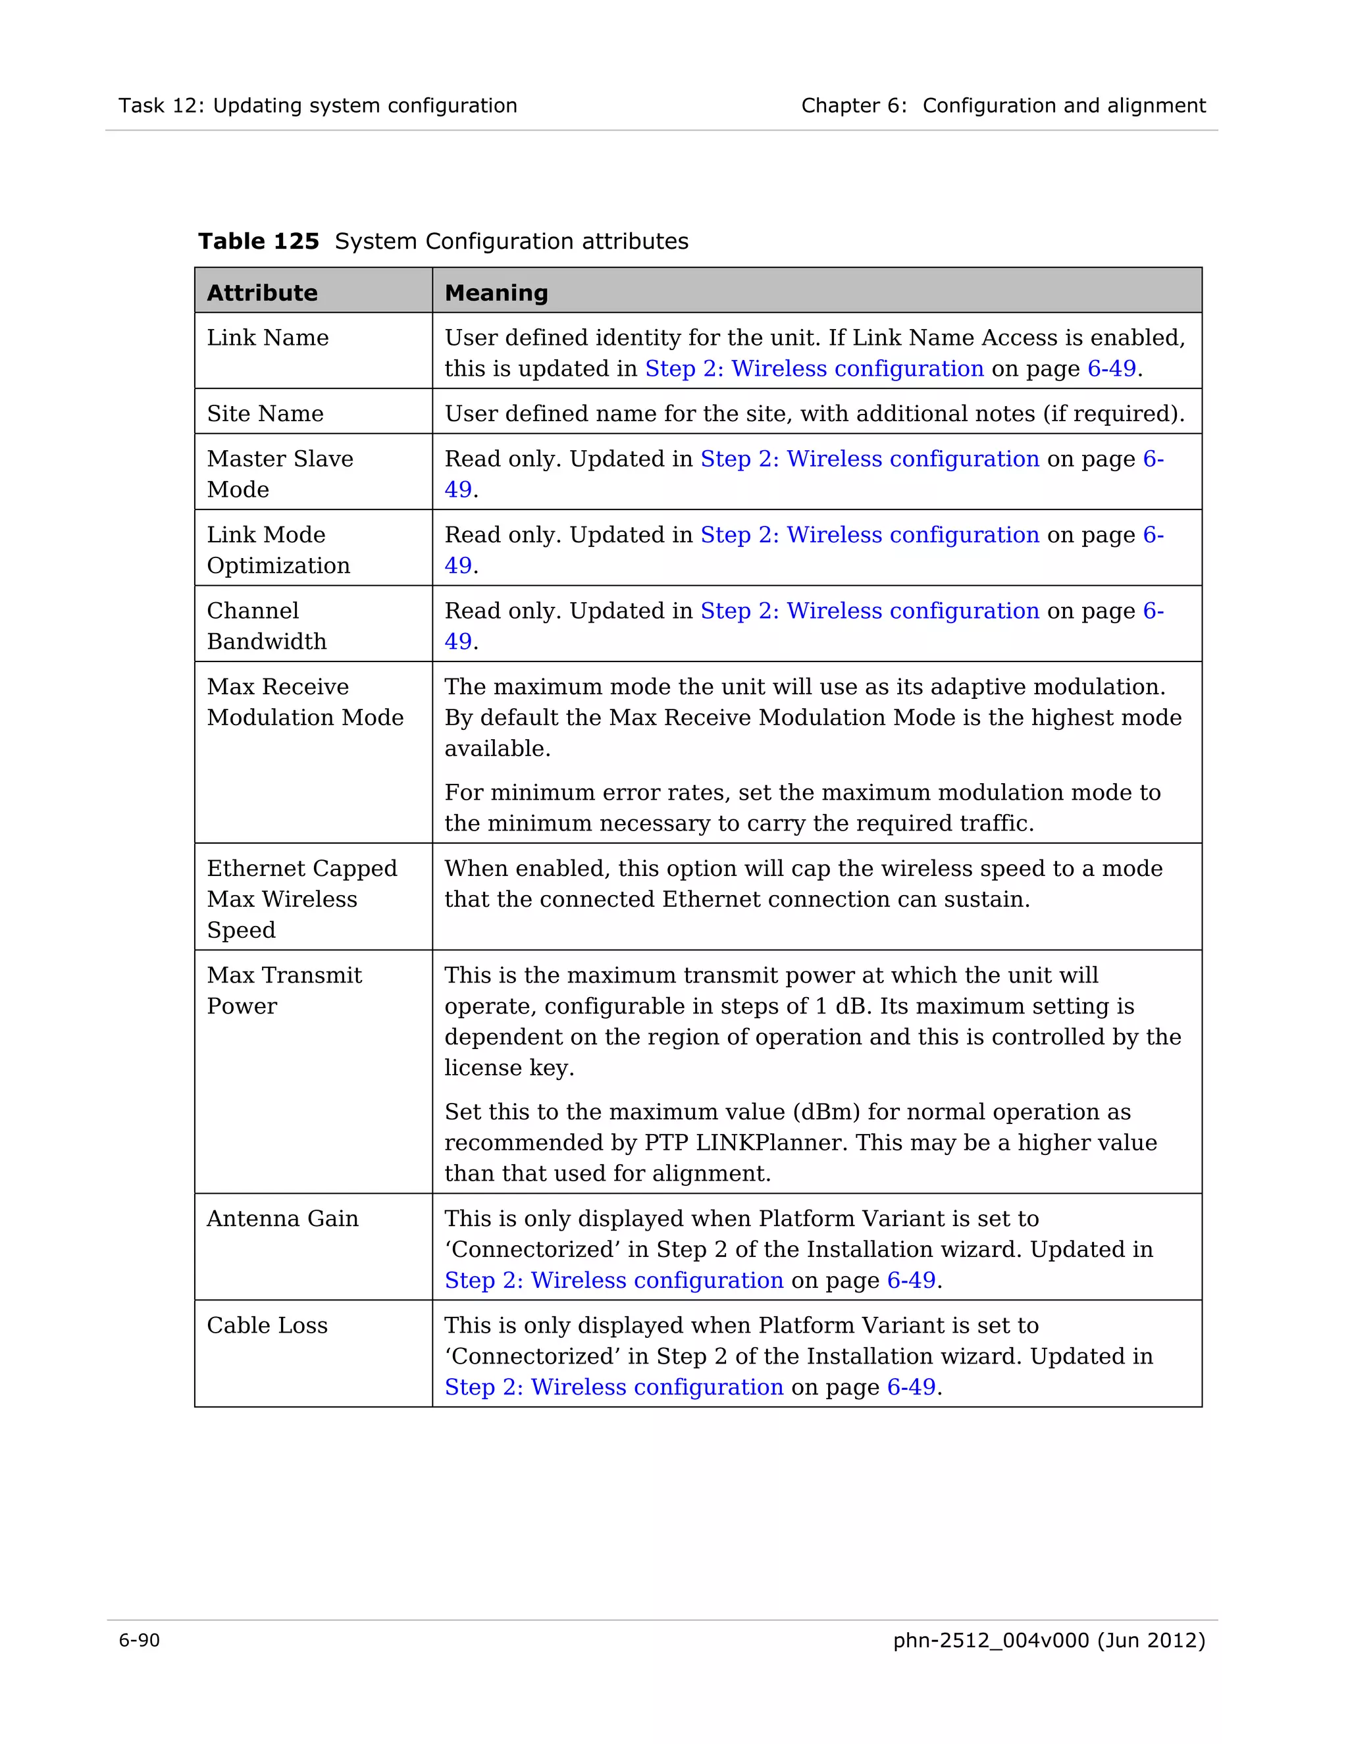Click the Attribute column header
click(262, 293)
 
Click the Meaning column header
click(496, 293)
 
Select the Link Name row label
click(267, 338)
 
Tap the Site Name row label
click(265, 414)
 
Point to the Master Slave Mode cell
click(280, 474)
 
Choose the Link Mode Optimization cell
click(278, 550)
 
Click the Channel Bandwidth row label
click(267, 625)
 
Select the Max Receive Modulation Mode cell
click(304, 702)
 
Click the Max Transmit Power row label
click(284, 990)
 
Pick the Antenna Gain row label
click(282, 1219)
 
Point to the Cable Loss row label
click(267, 1325)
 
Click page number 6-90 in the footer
click(139, 1640)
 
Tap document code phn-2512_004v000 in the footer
click(990, 1640)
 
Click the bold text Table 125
click(258, 241)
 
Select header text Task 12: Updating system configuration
click(318, 105)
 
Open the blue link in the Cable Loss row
click(613, 1387)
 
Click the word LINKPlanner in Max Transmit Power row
click(771, 1142)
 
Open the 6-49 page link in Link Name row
click(1112, 369)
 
